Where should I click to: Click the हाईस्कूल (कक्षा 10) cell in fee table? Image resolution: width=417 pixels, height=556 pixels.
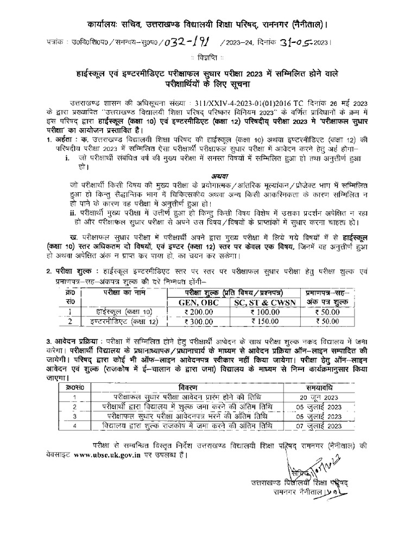coord(121,312)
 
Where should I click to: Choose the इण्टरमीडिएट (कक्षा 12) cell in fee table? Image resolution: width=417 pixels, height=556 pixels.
coord(121,321)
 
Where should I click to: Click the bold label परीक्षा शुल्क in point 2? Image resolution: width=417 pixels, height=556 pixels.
coord(70,271)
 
